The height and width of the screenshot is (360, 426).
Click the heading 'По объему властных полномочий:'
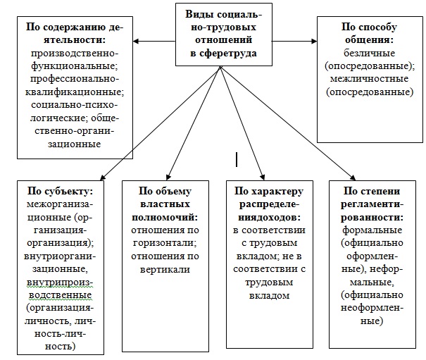pos(164,204)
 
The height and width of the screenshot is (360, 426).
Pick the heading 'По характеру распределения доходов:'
pos(265,204)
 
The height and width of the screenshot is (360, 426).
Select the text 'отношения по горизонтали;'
pos(164,237)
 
